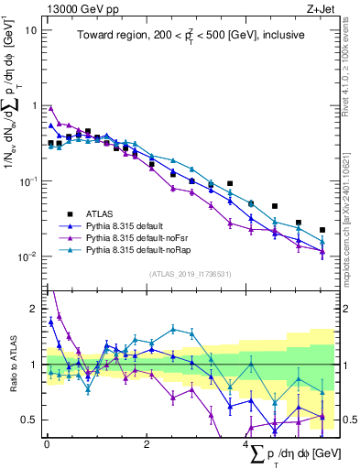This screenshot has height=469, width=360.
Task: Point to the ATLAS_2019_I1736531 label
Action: pos(189,274)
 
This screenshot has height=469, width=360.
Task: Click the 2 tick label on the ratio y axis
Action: pos(34,309)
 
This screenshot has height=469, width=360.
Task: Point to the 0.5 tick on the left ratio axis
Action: pos(29,420)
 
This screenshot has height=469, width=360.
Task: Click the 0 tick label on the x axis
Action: pos(47,445)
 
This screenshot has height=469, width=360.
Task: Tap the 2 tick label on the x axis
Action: pos(147,445)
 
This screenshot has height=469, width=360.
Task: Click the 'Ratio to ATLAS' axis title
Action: pos(11,364)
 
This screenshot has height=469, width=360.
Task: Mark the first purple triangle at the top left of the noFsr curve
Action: pos(51,107)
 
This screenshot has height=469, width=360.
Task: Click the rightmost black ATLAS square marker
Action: pos(322,230)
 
